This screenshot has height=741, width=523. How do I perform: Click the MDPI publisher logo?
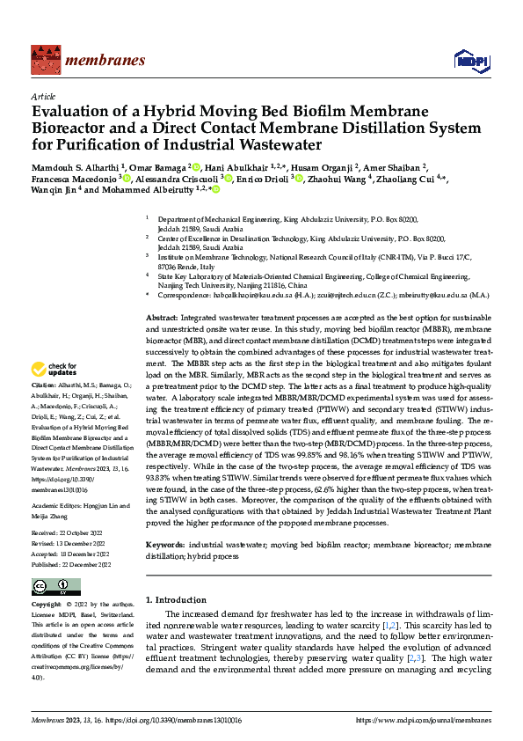[x=466, y=60]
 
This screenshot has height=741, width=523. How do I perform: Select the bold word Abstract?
[x=163, y=316]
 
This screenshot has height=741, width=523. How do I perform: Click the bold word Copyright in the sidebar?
[x=47, y=605]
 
